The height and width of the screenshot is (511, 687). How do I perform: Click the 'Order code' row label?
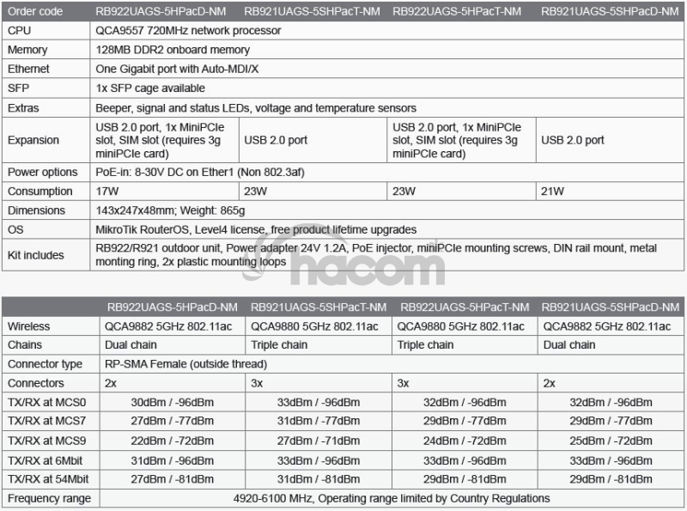point(36,11)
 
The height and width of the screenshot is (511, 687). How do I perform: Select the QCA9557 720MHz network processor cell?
point(187,30)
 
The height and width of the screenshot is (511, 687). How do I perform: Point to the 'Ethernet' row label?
point(28,69)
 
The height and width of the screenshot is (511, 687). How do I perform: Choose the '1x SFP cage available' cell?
point(150,88)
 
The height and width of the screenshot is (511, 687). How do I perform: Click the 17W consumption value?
point(107,191)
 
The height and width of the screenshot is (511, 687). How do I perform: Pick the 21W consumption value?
point(554,191)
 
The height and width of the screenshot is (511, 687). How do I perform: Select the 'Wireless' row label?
point(28,326)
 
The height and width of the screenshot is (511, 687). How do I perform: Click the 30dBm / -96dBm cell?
point(172,402)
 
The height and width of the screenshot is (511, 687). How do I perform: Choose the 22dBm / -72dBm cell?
point(172,440)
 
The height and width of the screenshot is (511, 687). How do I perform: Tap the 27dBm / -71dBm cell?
point(318,440)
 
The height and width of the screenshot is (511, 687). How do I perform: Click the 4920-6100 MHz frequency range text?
point(391,498)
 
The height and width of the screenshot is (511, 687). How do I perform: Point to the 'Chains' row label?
point(25,345)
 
